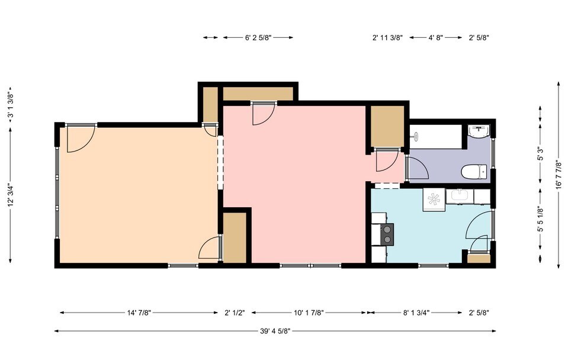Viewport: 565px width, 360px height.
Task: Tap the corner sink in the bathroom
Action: [x=479, y=130]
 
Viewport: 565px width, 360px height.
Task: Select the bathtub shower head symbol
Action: [x=416, y=136]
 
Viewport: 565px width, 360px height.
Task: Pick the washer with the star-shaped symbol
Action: [x=434, y=198]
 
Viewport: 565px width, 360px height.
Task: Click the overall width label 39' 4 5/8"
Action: [x=275, y=331]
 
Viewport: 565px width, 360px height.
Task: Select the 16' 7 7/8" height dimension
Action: [x=559, y=175]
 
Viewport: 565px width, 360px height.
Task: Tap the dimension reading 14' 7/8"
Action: [x=139, y=313]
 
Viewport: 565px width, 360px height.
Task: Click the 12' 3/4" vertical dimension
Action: [x=10, y=195]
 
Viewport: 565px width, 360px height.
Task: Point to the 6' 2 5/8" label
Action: [x=258, y=37]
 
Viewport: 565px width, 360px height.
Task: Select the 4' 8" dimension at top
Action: [x=436, y=37]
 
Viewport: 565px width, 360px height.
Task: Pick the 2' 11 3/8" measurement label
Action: [x=387, y=37]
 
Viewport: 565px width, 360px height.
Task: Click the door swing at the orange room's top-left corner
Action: [x=79, y=140]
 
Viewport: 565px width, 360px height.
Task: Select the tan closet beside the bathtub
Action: [x=387, y=126]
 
